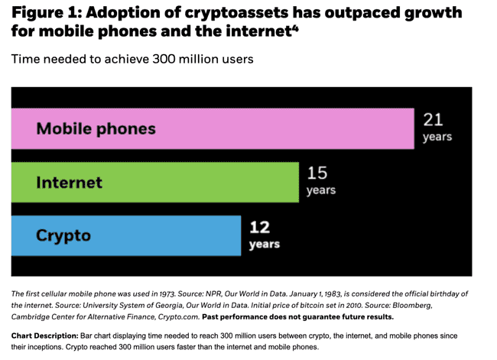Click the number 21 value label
pyautogui.click(x=433, y=120)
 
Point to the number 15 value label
pyautogui.click(x=317, y=174)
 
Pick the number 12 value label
pyautogui.click(x=259, y=227)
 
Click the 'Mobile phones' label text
pyautogui.click(x=96, y=128)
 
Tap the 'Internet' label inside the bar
pyautogui.click(x=69, y=183)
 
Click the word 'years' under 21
pyautogui.click(x=437, y=138)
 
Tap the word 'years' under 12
pyautogui.click(x=264, y=245)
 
